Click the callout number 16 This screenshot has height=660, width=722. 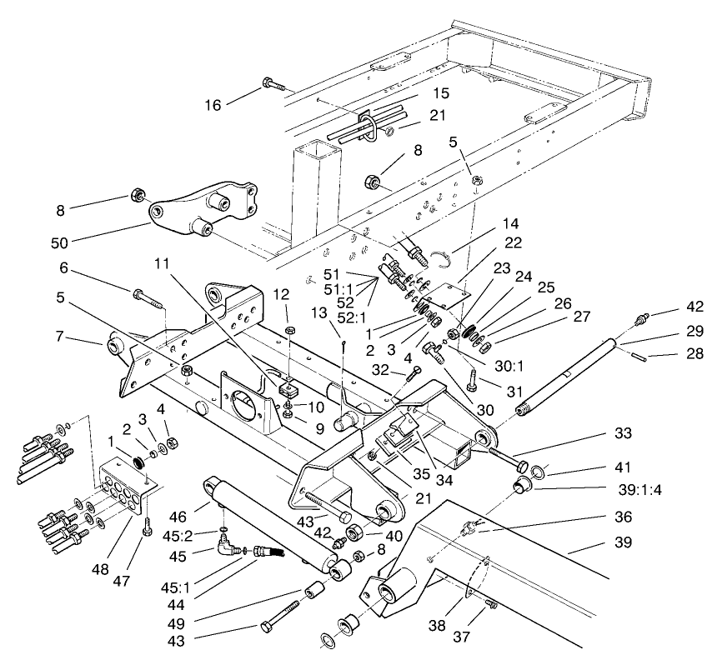(214, 105)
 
